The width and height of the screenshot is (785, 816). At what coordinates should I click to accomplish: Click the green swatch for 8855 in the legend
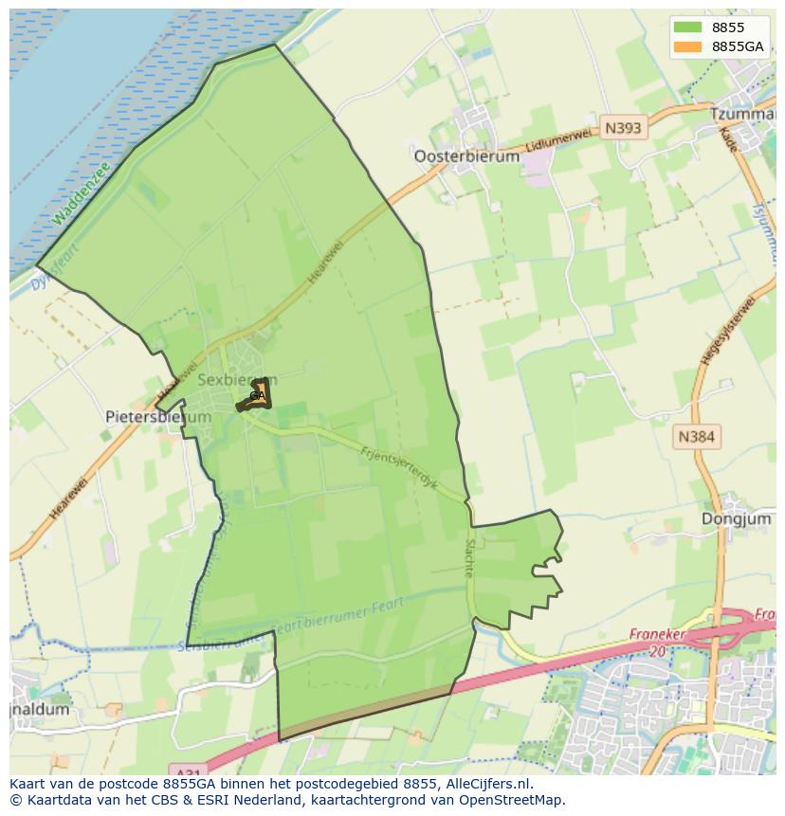[688, 27]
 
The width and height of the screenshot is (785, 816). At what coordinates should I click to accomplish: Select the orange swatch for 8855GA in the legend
[688, 46]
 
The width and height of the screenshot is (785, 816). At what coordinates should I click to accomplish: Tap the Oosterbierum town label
[466, 156]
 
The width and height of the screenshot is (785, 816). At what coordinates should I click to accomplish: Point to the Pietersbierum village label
[145, 416]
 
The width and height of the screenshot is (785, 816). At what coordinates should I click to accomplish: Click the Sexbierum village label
[237, 379]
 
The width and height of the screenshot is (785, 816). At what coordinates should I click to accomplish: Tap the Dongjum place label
[736, 518]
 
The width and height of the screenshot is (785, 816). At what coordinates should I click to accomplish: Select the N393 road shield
[623, 128]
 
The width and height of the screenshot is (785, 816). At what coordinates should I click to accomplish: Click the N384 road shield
[697, 437]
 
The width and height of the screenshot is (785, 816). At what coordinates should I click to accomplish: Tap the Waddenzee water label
[82, 194]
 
